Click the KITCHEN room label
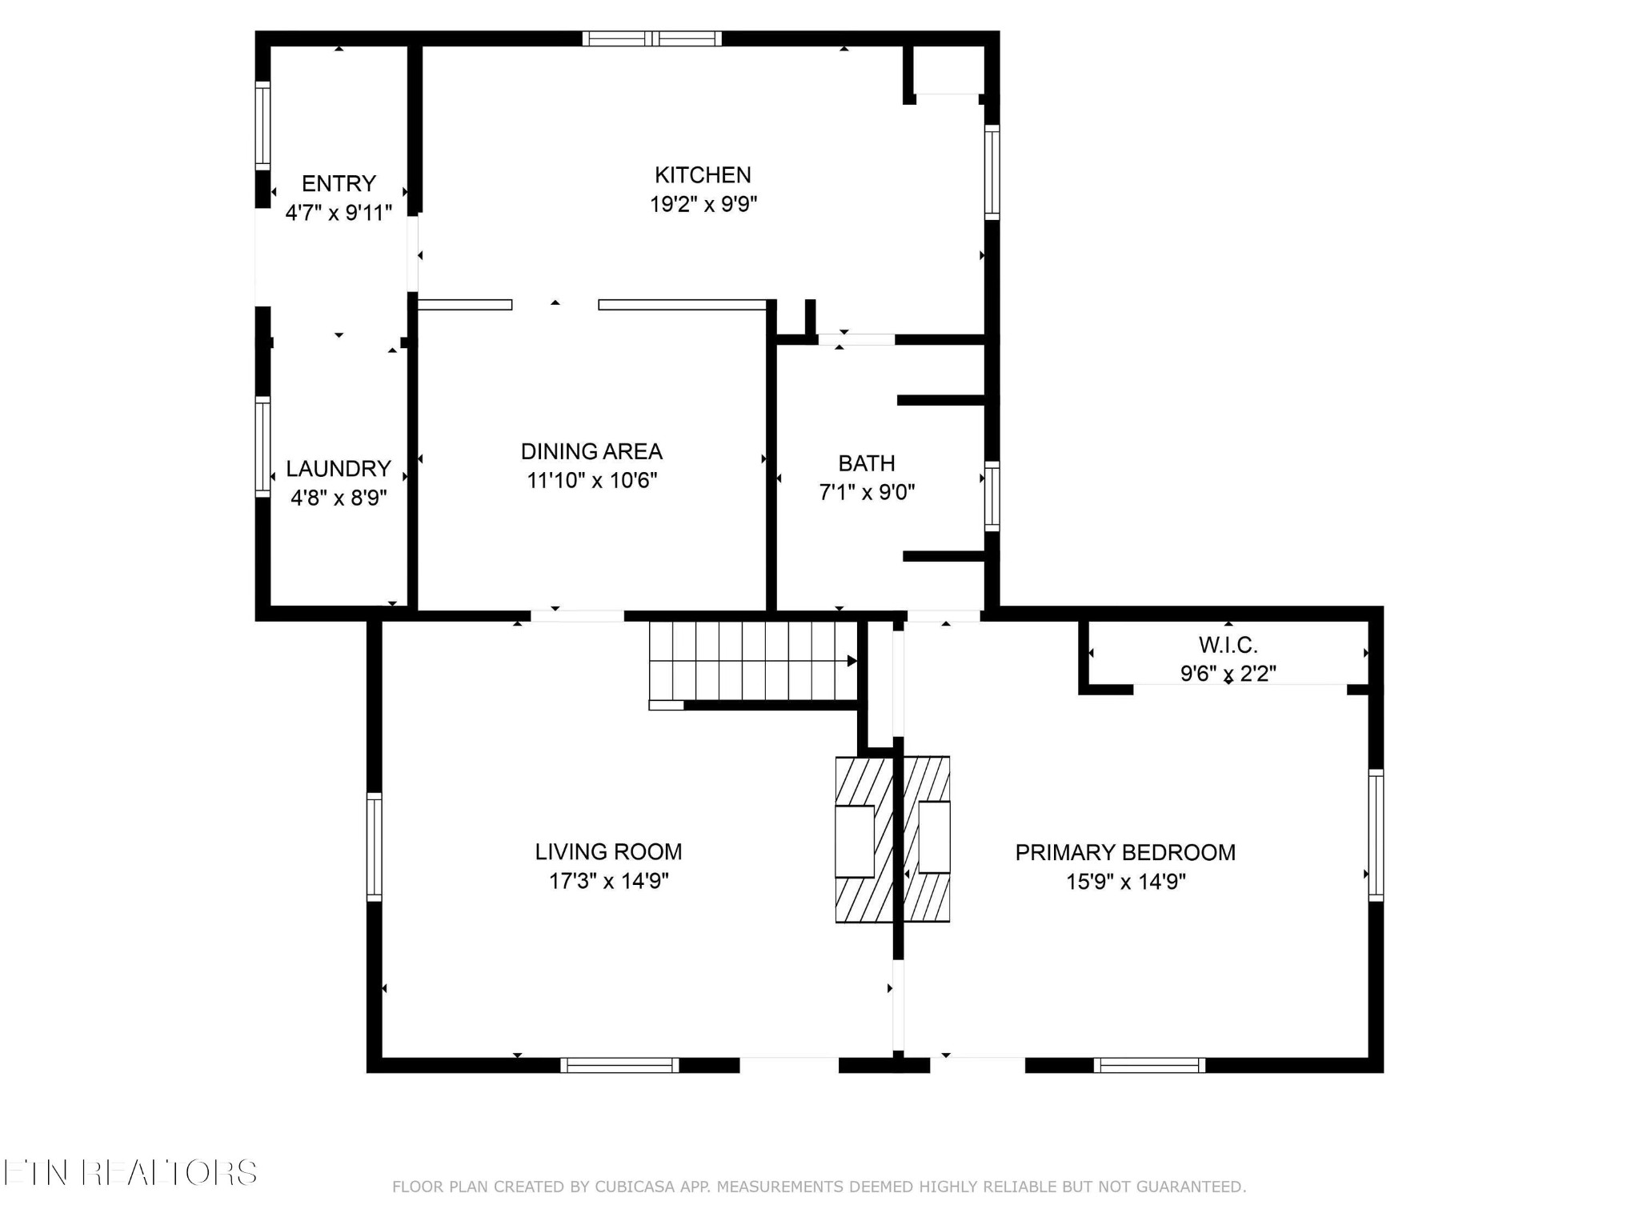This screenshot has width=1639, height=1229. [x=703, y=174]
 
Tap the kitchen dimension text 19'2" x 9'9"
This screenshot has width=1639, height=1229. [x=703, y=204]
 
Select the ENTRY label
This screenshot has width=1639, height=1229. [x=339, y=183]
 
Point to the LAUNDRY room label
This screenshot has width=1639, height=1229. [x=339, y=468]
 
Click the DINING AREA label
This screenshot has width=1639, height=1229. [x=591, y=451]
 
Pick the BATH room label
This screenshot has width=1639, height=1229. [x=867, y=462]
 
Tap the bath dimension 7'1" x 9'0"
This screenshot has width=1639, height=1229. [x=867, y=491]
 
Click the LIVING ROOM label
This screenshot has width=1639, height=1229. [x=608, y=851]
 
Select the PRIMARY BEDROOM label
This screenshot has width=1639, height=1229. [x=1125, y=852]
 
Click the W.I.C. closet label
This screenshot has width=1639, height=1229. [x=1228, y=644]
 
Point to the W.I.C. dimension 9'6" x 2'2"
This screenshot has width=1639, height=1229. [x=1228, y=674]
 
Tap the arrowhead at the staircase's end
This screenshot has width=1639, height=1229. [x=852, y=661]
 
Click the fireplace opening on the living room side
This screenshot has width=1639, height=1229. [x=855, y=841]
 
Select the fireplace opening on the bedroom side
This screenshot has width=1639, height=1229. [x=934, y=837]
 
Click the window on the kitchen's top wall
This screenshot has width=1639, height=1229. [x=651, y=38]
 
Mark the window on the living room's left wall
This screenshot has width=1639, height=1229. [x=374, y=847]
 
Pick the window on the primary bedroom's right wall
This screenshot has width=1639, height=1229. [x=1376, y=835]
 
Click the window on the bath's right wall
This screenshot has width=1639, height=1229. [x=992, y=496]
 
